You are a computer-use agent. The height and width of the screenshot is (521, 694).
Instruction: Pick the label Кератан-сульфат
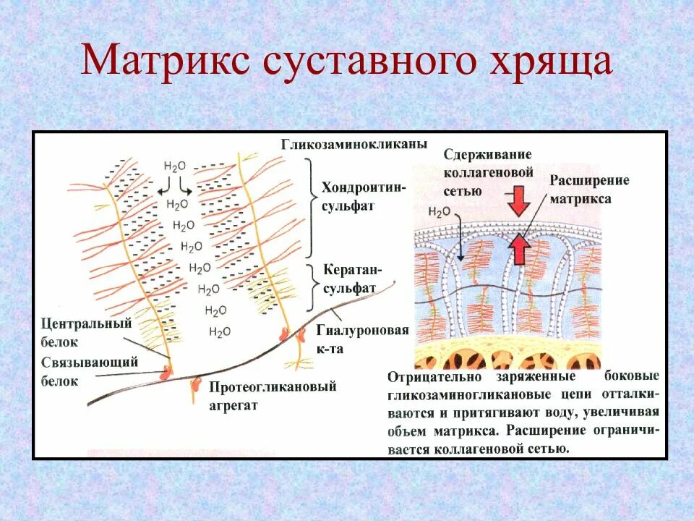[352, 279]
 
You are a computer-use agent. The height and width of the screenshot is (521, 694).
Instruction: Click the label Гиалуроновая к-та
[362, 339]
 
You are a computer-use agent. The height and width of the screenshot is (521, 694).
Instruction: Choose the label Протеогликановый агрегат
[273, 395]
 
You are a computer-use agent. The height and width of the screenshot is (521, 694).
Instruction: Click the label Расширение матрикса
[589, 189]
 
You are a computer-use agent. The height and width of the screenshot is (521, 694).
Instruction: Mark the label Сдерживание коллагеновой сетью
[488, 173]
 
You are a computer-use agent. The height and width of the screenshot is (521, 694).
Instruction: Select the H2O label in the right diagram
[439, 212]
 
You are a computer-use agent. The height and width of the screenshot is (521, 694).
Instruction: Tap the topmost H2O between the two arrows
[175, 166]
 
